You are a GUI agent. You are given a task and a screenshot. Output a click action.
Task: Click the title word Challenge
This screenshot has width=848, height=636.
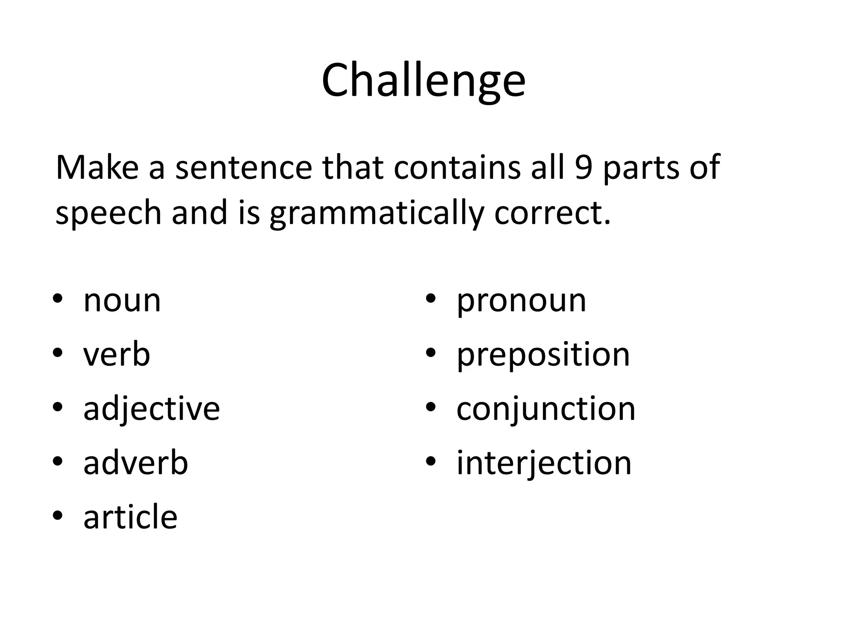tap(423, 81)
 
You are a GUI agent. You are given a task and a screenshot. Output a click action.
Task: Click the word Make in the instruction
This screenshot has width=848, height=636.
tap(97, 168)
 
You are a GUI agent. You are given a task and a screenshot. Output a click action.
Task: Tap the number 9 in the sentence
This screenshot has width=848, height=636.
tap(583, 168)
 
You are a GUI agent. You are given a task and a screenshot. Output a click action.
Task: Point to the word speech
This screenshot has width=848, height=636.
tap(108, 214)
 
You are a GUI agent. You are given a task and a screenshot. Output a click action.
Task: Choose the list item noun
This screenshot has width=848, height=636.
tap(122, 301)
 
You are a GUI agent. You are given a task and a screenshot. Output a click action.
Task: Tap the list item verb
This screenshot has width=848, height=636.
tap(116, 355)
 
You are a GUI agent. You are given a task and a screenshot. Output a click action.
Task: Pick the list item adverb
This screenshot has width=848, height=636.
tap(135, 463)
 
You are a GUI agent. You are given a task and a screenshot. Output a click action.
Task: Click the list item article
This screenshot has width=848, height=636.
tap(130, 517)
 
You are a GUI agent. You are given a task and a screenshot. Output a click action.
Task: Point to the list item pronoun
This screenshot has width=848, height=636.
tap(521, 301)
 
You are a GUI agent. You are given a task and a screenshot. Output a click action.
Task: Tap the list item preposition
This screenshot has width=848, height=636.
tap(543, 355)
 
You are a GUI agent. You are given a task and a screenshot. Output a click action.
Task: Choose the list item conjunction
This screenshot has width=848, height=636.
tap(545, 409)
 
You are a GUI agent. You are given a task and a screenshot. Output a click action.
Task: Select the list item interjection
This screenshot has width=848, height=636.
tap(544, 463)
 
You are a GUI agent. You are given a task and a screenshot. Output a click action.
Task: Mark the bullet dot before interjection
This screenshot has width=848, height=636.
tap(431, 461)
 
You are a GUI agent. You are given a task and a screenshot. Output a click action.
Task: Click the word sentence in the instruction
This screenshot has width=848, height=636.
tap(243, 168)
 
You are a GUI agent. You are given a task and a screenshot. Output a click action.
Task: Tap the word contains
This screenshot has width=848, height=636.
tap(457, 168)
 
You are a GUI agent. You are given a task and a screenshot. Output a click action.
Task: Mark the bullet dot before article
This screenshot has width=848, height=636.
tap(58, 516)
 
